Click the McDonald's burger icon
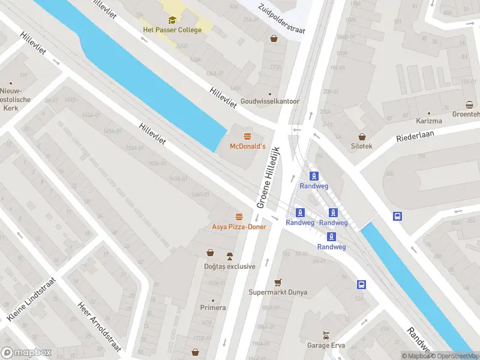pos(247,136)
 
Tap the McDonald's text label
pos(248,146)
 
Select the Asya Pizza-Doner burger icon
pos(239,217)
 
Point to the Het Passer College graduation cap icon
pos(172,20)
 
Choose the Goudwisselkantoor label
pos(269,101)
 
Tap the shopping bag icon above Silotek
pos(362,136)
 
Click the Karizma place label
pos(429,121)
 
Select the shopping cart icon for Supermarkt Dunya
pos(278,282)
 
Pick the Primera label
pos(213,308)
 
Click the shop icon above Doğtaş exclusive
pos(210,253)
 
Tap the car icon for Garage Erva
pos(325,335)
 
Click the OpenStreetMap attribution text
pos(455,356)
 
